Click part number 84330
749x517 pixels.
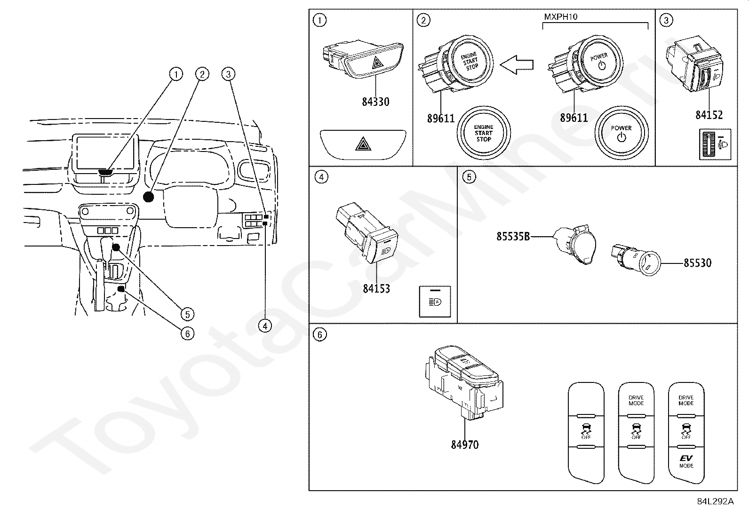[x=375, y=102]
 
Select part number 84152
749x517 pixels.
[x=709, y=115]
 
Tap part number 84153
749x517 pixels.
[x=376, y=288]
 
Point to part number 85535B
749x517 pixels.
[x=513, y=236]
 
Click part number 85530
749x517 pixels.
[x=697, y=263]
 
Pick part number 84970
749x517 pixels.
[x=464, y=445]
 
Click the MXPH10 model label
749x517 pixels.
[x=560, y=17]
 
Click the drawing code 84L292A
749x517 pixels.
[x=715, y=501]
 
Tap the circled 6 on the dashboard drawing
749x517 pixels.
[x=187, y=334]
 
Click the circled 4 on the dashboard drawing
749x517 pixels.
[x=265, y=326]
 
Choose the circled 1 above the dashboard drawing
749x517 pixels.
[x=176, y=74]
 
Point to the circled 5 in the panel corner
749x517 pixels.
[x=469, y=177]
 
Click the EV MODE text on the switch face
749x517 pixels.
[x=686, y=461]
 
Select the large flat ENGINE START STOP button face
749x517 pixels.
[x=484, y=133]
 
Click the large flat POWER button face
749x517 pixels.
[x=621, y=134]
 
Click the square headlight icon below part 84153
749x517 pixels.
[x=435, y=302]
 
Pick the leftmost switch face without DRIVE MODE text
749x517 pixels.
[x=586, y=433]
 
